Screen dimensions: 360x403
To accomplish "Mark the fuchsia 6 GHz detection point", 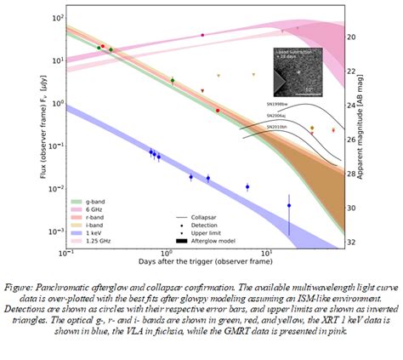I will (202, 35).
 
